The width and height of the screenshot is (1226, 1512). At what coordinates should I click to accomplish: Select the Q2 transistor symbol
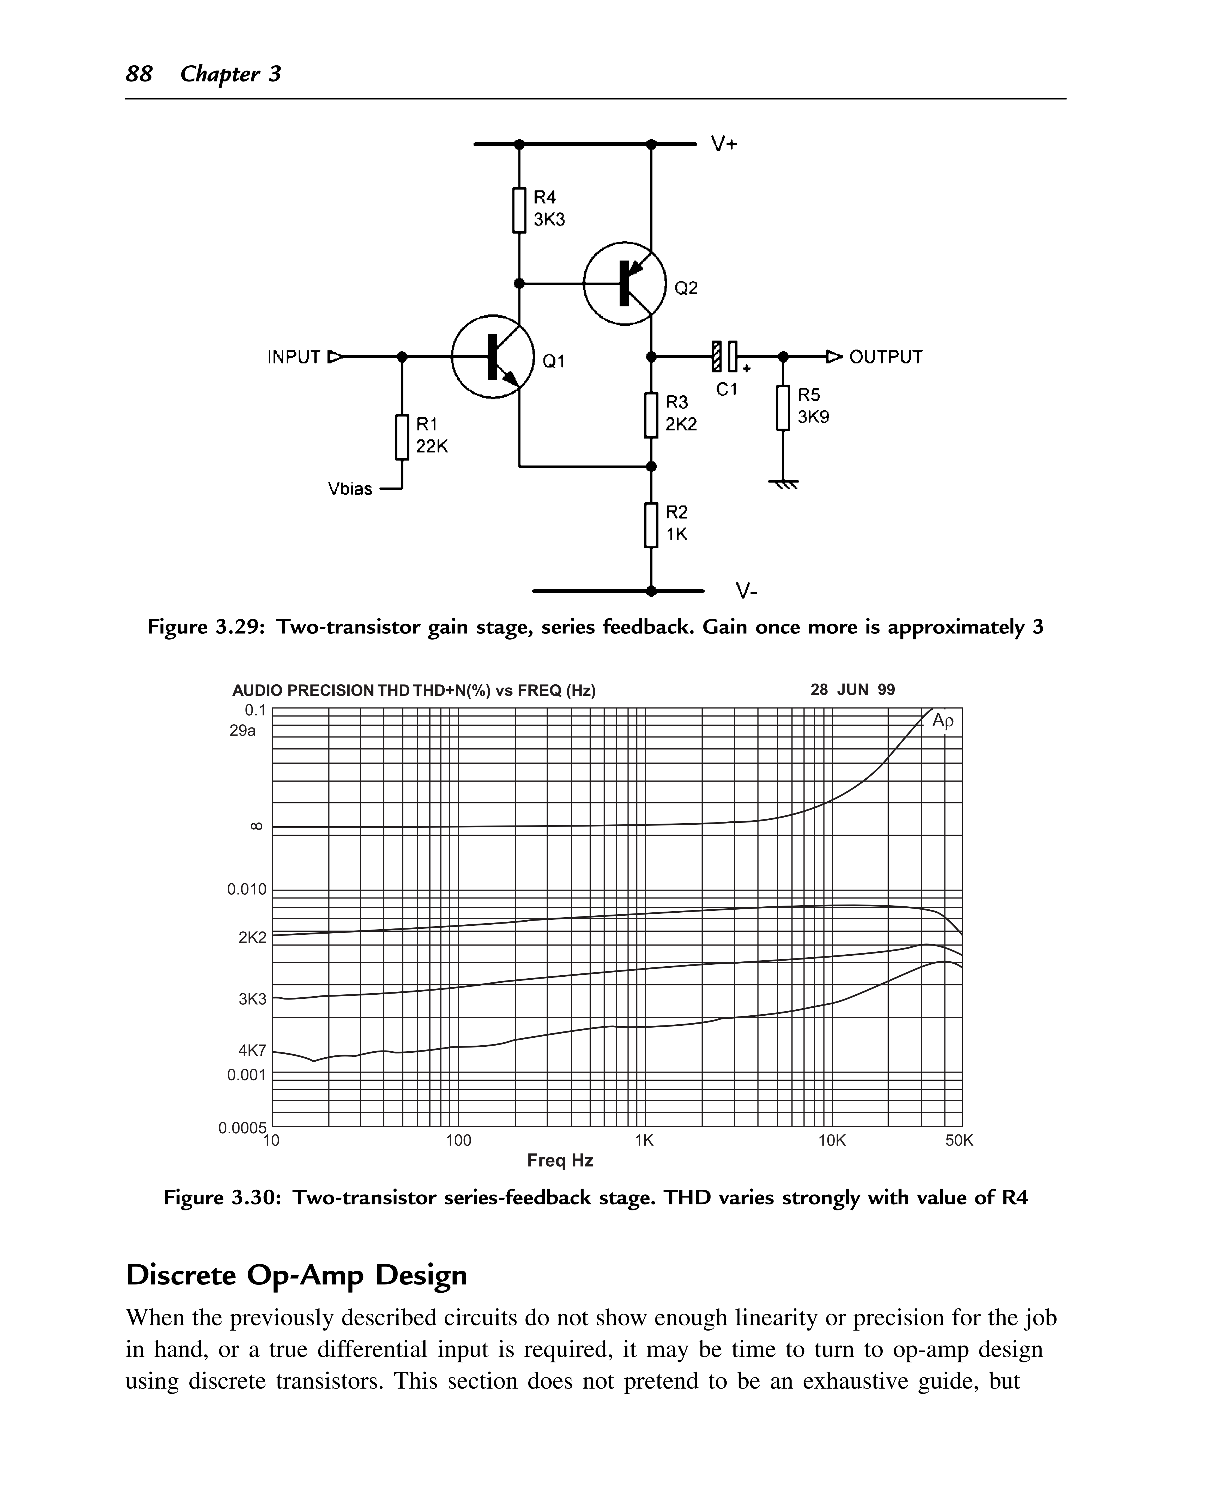click(x=624, y=283)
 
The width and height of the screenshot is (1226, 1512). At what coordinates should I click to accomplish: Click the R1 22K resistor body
click(x=402, y=437)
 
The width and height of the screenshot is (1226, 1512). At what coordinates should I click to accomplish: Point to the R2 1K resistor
click(x=651, y=525)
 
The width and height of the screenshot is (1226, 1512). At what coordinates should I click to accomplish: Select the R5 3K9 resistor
click(x=782, y=408)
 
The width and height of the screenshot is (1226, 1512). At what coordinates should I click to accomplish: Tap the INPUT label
click(x=294, y=357)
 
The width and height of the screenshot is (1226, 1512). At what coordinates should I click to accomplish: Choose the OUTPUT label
click(x=886, y=357)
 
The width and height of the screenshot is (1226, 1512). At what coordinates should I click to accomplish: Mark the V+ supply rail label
click(x=724, y=144)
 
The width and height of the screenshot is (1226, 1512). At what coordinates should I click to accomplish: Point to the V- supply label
click(x=746, y=591)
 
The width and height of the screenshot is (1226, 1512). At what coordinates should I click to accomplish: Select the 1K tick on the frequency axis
click(x=644, y=1140)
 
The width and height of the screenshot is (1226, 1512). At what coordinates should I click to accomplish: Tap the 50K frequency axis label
click(x=959, y=1140)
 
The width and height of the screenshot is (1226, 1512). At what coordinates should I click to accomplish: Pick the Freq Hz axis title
click(x=560, y=1160)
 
